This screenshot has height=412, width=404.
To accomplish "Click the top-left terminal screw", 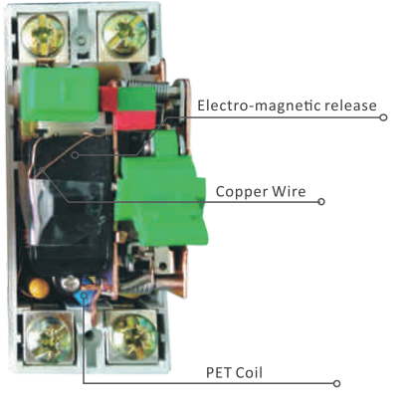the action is pyautogui.click(x=43, y=35).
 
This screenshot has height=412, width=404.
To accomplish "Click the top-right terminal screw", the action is pyautogui.click(x=125, y=33).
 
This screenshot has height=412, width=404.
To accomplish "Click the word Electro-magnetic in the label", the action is pyautogui.click(x=259, y=105).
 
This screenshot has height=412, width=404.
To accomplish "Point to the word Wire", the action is pyautogui.click(x=289, y=191).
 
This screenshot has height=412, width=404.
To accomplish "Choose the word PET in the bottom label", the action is pyautogui.click(x=218, y=373).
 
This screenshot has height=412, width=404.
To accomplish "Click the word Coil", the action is pyautogui.click(x=248, y=373).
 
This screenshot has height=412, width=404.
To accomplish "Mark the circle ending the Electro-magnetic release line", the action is pyautogui.click(x=383, y=117).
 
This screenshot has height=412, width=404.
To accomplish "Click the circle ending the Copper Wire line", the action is pyautogui.click(x=321, y=202).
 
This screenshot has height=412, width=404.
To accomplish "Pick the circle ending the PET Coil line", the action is pyautogui.click(x=336, y=383).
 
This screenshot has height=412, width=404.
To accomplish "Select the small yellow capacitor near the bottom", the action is pyautogui.click(x=39, y=288).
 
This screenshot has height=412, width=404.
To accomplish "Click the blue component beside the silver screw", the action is pyautogui.click(x=85, y=296).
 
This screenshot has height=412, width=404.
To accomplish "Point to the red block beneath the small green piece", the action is pyautogui.click(x=134, y=120).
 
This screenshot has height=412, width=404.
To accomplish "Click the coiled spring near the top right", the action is pyautogui.click(x=163, y=91).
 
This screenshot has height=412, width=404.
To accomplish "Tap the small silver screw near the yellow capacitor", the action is pyautogui.click(x=70, y=283).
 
